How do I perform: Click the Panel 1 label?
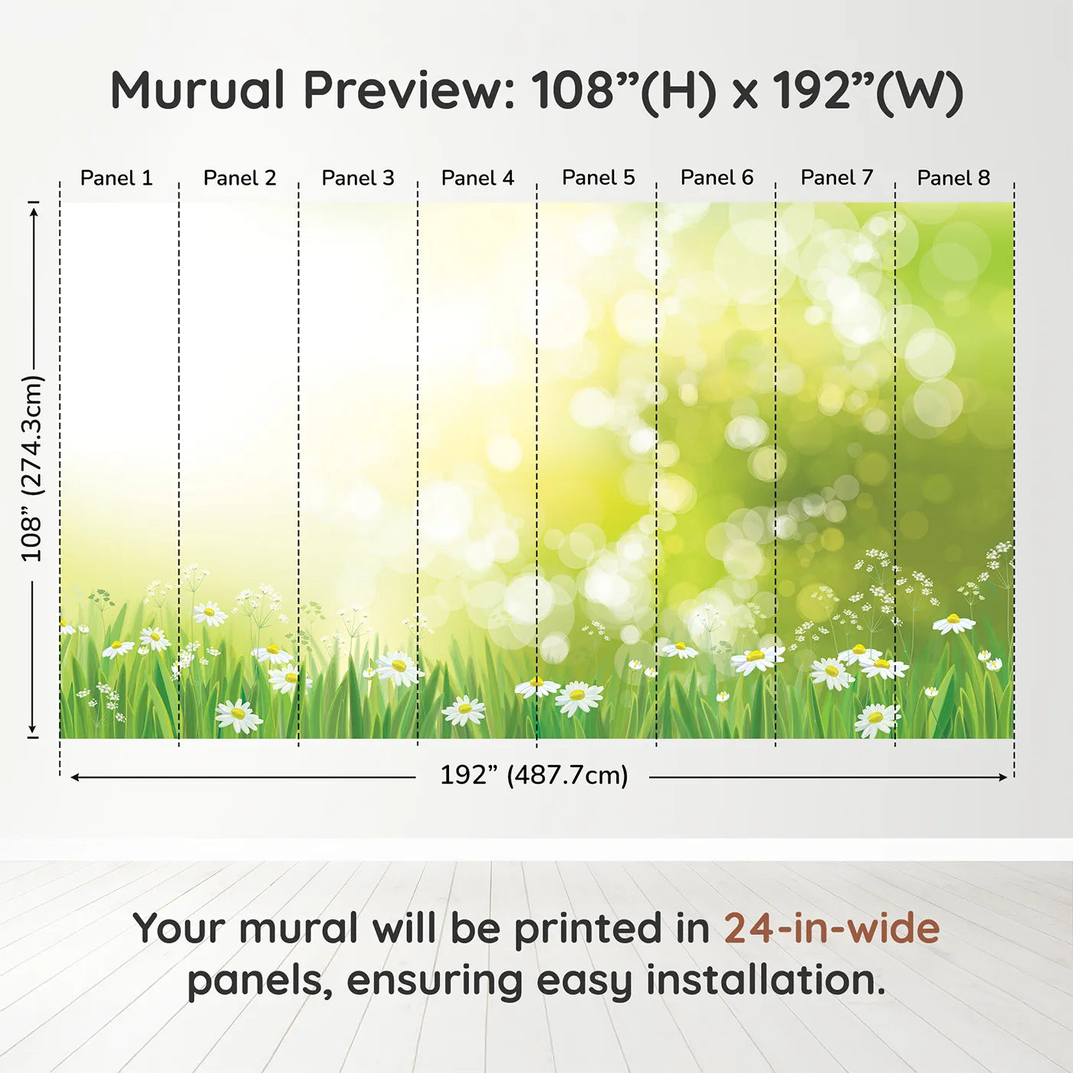[x=116, y=178]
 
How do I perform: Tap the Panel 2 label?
[x=239, y=178]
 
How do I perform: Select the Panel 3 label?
[x=358, y=178]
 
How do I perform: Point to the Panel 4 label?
[x=477, y=178]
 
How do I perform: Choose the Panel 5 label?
[x=599, y=177]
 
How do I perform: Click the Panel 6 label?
[x=717, y=177]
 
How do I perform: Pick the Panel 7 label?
[x=837, y=177]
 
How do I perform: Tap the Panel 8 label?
[x=953, y=178]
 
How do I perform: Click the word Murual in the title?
[x=198, y=90]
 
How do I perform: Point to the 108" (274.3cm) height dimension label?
[x=32, y=468]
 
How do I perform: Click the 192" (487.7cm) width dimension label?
[x=534, y=775]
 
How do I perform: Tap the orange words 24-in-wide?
[x=832, y=928]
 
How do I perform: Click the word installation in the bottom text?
[x=765, y=980]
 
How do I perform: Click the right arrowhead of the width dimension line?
[x=1003, y=777]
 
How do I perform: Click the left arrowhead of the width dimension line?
[x=74, y=777]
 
